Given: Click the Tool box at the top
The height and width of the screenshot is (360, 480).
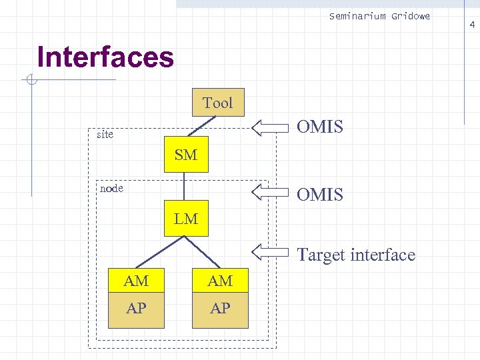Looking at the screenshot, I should [218, 102].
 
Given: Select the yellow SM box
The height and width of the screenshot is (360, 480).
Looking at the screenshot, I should [186, 155].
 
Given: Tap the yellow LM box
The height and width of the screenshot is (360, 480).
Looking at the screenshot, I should [186, 218].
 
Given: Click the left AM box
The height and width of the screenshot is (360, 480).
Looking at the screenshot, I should [136, 281].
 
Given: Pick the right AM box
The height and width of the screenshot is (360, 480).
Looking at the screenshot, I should [220, 281].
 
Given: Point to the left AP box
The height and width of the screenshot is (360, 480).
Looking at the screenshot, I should [136, 308].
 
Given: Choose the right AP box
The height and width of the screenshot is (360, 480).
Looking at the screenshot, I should [220, 308].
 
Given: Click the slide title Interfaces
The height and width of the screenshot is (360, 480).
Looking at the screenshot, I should [105, 57].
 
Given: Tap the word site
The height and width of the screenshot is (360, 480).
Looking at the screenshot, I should [105, 135].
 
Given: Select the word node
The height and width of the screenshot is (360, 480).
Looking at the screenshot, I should [111, 188].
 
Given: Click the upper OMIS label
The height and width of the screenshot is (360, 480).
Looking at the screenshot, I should [320, 127].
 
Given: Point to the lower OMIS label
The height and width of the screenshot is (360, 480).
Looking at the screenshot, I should [320, 195].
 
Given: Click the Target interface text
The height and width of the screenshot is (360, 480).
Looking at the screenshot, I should [356, 255].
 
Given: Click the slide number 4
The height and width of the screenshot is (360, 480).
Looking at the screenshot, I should [472, 25].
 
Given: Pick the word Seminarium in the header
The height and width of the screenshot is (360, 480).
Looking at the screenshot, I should [357, 16].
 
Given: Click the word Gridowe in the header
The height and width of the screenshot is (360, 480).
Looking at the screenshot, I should [411, 16].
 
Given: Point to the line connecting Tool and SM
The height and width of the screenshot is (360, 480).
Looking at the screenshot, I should [204, 126].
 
